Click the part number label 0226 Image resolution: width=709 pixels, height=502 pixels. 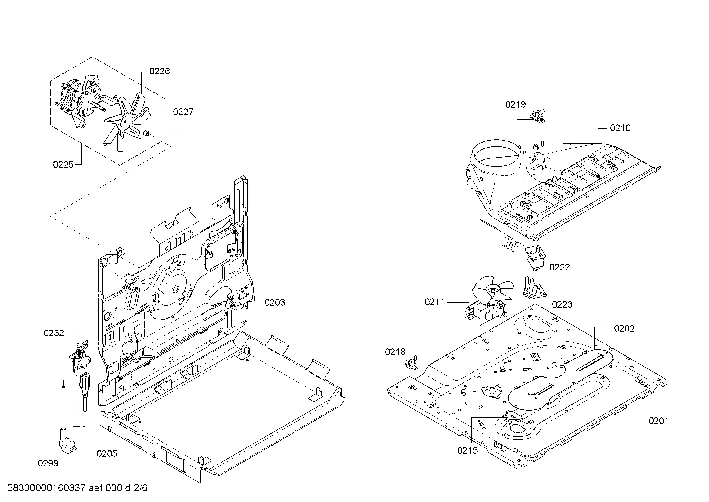tap(159, 71)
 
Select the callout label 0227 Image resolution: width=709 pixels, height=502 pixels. tap(183, 112)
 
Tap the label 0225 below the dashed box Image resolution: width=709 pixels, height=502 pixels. tap(63, 165)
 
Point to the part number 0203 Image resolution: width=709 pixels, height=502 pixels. tap(275, 302)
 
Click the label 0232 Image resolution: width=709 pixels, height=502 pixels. tap(54, 333)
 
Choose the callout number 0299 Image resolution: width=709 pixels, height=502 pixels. tap(48, 463)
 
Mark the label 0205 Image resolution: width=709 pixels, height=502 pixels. tap(107, 453)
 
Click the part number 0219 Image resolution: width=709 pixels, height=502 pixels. tap(515, 105)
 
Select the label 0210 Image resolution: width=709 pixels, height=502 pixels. tap(620, 128)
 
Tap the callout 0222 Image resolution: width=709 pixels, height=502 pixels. tap(560, 267)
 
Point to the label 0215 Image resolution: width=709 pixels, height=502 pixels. tap(467, 451)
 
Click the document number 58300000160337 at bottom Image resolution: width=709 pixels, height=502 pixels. tap(46, 488)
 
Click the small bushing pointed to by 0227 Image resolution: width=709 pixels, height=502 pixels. tap(147, 134)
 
